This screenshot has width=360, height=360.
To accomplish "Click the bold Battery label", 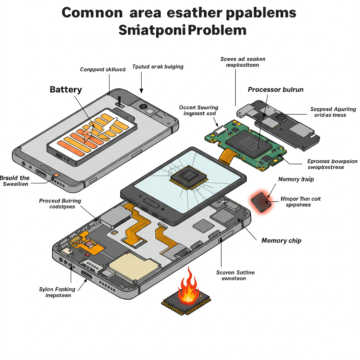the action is [x=66, y=89].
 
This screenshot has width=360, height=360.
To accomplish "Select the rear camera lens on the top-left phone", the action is [x=143, y=106].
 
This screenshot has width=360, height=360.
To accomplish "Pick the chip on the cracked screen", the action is [x=188, y=175].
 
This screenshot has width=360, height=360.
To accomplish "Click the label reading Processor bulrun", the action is [x=276, y=90].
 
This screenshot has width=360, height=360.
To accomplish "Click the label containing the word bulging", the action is [x=157, y=66].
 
